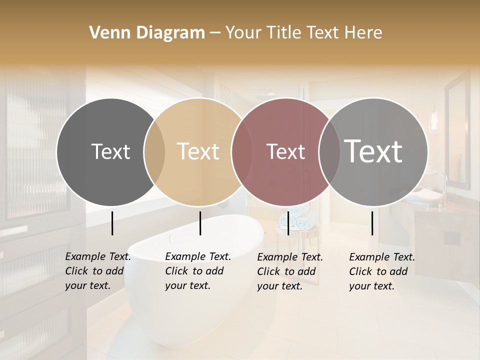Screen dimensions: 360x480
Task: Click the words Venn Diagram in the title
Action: point(147,33)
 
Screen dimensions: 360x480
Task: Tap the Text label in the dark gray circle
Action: point(110,152)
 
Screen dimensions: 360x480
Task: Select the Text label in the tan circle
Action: point(198,152)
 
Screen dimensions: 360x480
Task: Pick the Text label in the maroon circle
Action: point(285,152)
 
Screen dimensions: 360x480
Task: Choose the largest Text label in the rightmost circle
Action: point(373,152)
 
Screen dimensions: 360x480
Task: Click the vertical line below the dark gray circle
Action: point(112,223)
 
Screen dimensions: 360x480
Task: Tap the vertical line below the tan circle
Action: point(200,223)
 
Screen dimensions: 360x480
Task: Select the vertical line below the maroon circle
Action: point(288,223)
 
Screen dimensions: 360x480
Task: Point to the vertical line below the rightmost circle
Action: point(372,223)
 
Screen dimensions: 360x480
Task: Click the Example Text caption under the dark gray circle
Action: point(97,271)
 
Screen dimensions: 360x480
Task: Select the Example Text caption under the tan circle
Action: point(197,271)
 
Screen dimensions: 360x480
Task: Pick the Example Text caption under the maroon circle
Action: point(289,271)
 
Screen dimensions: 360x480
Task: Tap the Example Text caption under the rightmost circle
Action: point(381,271)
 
